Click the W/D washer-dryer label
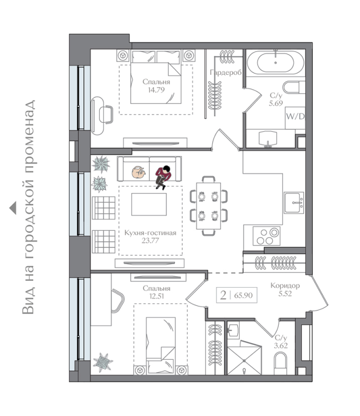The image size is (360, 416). [x=295, y=116]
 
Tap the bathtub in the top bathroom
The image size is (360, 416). [x=275, y=62]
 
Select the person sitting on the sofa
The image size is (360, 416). [x=163, y=177]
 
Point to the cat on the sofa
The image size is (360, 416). [x=138, y=173]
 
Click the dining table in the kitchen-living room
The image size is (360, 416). [x=209, y=205]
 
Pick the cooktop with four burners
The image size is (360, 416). [x=266, y=236]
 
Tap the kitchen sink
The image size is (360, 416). [x=294, y=203]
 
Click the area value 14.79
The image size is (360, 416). [x=156, y=90]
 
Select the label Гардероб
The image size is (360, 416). [x=226, y=72]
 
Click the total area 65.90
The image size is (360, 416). [x=243, y=295]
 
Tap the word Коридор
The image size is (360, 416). [x=285, y=285]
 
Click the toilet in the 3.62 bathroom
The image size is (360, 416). [x=280, y=362]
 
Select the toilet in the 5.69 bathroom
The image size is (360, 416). [x=294, y=87]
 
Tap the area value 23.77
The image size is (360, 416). [x=150, y=241]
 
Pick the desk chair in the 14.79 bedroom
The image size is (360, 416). [x=106, y=114]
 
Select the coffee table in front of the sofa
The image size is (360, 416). [x=149, y=204]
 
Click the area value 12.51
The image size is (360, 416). [x=157, y=296]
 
